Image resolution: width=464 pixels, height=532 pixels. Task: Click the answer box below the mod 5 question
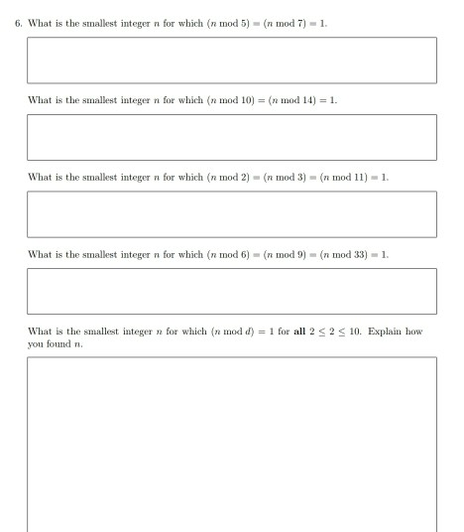click(232, 60)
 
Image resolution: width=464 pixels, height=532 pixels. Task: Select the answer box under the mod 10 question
click(232, 136)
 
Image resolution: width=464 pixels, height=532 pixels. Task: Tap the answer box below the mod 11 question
click(232, 213)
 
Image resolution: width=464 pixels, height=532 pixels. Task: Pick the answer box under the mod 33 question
click(232, 290)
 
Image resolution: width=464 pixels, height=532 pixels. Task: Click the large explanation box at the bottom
click(232, 442)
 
